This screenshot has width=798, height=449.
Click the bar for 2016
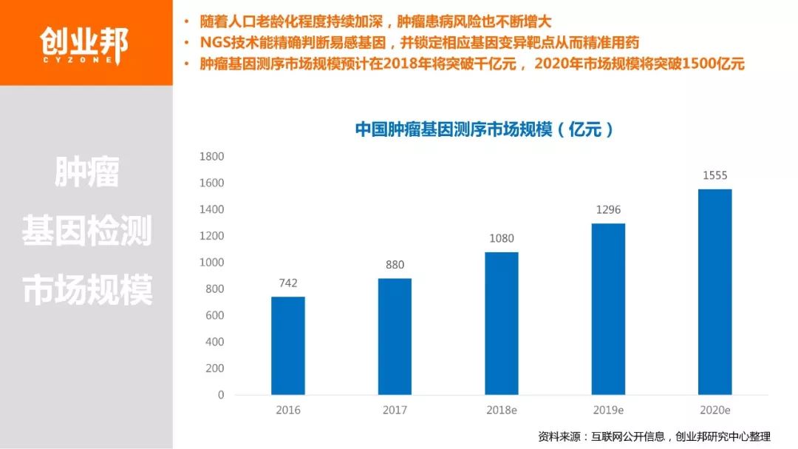point(287,345)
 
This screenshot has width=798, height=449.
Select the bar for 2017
point(395,337)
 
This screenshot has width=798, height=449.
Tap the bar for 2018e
point(501,323)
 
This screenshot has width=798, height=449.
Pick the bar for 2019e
point(608,309)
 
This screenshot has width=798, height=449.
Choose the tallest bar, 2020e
point(715,292)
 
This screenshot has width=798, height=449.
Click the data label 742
point(287,283)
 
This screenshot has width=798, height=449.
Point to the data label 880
point(395,265)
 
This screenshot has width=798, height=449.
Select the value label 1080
point(501,238)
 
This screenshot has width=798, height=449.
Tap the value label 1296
point(608,209)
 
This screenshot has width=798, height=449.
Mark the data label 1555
point(715,175)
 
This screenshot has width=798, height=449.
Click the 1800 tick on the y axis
point(211,156)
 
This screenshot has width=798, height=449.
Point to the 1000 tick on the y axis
point(211,263)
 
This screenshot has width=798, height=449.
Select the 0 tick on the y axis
point(220,395)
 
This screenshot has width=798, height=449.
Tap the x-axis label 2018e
point(501,410)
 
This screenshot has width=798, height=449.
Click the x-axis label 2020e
point(715,410)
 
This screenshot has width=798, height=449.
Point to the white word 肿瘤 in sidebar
point(86,172)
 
